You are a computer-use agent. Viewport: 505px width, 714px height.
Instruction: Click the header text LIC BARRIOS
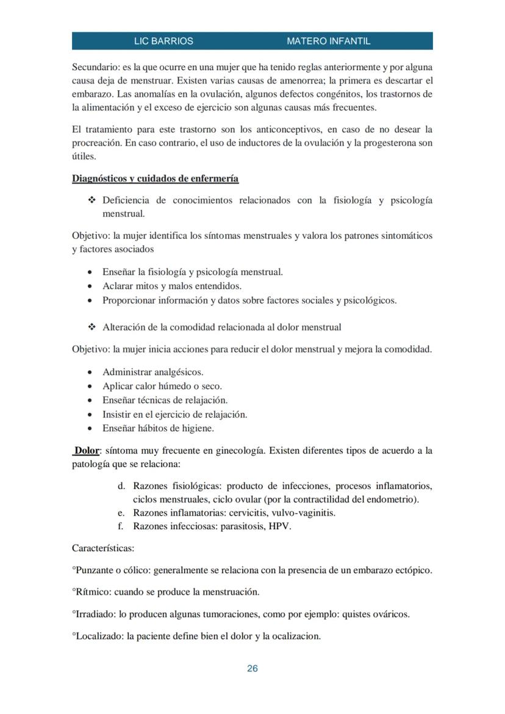163,41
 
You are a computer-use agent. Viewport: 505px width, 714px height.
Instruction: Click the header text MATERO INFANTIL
328,41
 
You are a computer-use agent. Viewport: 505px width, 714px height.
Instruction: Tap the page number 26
253,668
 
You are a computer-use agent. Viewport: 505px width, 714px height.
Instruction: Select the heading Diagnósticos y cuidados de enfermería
155,179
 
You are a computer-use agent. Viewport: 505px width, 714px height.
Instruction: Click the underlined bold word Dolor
87,451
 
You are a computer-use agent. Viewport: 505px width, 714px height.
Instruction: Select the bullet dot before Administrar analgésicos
90,373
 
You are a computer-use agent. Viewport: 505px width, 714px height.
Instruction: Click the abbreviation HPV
279,526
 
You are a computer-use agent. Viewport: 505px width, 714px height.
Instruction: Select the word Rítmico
92,592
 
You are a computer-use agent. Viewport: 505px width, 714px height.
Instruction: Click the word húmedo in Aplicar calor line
173,387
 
